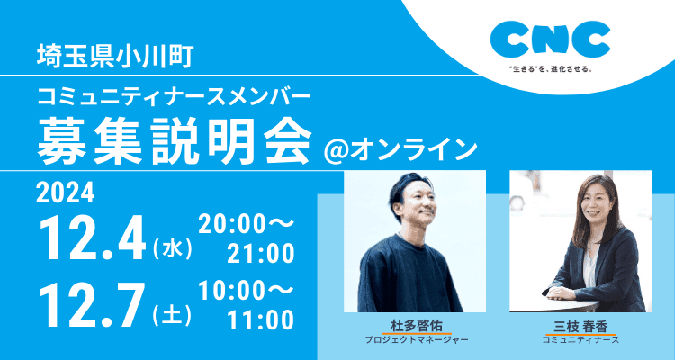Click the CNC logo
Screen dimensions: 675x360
[x=551, y=40]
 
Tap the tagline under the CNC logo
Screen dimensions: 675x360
[x=551, y=69]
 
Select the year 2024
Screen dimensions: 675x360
[x=65, y=193]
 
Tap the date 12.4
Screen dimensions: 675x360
[x=92, y=240]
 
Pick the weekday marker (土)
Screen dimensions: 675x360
[x=172, y=316]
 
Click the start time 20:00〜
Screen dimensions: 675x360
[x=247, y=225]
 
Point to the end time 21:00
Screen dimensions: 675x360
[x=261, y=254]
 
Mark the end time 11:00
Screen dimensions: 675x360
[x=261, y=320]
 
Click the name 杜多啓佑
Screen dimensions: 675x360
[x=416, y=327]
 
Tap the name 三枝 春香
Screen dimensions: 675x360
[x=580, y=327]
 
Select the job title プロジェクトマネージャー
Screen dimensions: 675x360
[x=416, y=340]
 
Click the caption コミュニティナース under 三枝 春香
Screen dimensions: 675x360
[x=580, y=340]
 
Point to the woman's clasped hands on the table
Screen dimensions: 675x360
[x=561, y=292]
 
